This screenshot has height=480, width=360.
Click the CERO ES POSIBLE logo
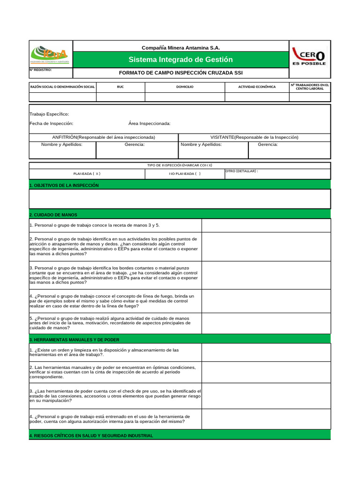coord(309,56)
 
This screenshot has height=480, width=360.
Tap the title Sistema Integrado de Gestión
coord(180,60)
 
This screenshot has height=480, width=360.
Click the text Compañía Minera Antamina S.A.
coord(180,48)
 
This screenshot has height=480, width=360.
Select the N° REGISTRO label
coord(41,70)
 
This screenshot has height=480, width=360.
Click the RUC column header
coord(120,87)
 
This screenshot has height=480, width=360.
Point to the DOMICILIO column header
coord(185,87)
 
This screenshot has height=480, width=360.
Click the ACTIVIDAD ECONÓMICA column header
coord(257,87)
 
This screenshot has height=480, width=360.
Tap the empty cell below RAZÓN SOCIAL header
coord(62,97)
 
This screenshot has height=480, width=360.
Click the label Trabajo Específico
coord(49,114)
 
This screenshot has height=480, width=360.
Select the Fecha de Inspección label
coord(51,123)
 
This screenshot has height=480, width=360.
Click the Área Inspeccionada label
coord(149,123)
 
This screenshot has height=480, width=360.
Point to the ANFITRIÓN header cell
coord(104,137)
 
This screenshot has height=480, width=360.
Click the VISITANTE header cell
coord(254,137)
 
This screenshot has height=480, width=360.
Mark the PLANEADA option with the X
coord(87,173)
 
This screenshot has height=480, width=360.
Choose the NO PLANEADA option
coord(185,173)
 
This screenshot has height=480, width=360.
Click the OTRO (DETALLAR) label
coord(241,171)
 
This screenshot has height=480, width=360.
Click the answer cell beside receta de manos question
coord(266,225)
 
